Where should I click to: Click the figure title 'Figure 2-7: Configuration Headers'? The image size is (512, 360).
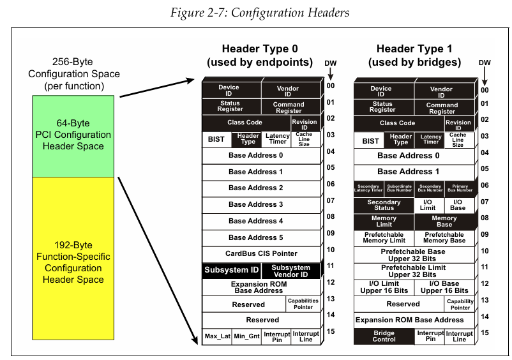(x=255, y=11)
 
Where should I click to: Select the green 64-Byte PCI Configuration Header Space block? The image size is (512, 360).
(x=73, y=135)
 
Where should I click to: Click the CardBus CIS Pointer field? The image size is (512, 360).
(x=261, y=253)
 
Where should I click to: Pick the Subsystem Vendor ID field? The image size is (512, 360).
(x=290, y=271)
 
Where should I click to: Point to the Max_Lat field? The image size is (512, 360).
(x=216, y=336)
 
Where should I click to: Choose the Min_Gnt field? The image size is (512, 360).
(x=246, y=336)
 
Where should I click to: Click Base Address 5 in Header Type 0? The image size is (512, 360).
(x=255, y=237)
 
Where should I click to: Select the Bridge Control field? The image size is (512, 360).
(x=384, y=336)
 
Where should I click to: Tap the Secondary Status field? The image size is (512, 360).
(x=384, y=206)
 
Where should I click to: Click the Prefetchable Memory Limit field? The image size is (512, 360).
(x=384, y=237)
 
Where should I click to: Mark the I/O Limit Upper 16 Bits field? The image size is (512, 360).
(x=384, y=287)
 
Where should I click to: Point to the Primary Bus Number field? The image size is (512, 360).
(x=459, y=188)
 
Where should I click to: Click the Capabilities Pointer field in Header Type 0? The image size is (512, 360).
(x=303, y=304)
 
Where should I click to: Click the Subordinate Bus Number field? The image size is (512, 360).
(x=399, y=188)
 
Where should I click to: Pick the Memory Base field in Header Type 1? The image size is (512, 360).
(x=444, y=221)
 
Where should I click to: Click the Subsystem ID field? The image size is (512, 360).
(x=231, y=271)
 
